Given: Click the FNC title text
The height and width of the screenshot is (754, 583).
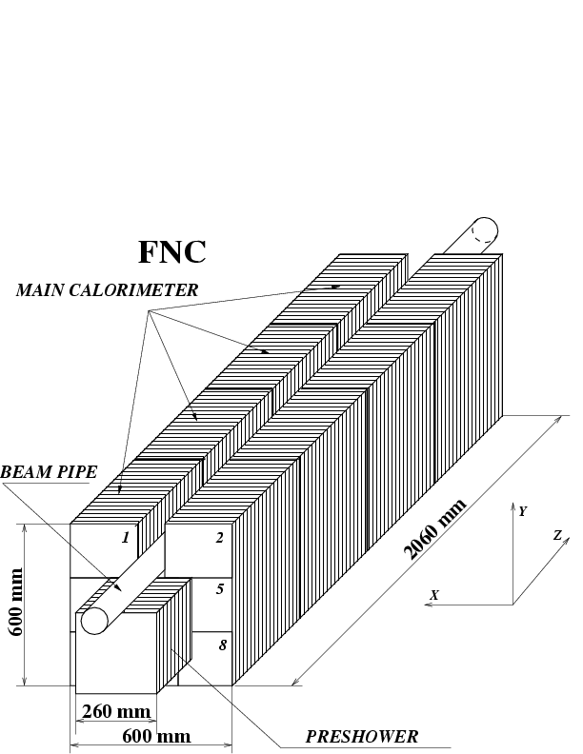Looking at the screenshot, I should pos(171,251).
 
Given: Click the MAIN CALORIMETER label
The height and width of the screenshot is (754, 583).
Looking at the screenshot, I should pos(107,290).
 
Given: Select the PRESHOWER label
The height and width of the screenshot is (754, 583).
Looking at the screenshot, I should pos(361,736).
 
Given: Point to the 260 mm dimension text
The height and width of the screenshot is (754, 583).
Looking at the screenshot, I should pos(116,711).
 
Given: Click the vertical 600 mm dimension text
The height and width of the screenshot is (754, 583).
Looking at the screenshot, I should pos(16,605).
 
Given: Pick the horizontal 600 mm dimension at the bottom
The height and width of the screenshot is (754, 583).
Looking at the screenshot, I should pos(156,736).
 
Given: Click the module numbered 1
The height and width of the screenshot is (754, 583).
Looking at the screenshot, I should pos(125,538).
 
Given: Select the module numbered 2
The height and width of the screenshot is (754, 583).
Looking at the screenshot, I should pos(220,538).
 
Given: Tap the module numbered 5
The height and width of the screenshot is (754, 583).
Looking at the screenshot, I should pos(220,589).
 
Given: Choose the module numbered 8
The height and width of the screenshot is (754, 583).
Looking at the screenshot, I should pos(222,645).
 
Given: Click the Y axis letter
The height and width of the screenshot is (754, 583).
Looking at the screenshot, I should pos(522,511).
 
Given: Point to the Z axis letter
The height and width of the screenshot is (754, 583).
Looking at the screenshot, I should pos(557,535).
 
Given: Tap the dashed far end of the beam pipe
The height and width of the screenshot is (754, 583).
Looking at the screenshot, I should pos(485,229).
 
